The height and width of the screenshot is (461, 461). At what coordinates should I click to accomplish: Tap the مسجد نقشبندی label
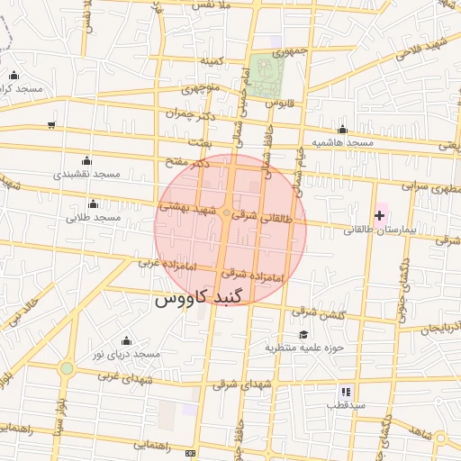(x=86, y=173)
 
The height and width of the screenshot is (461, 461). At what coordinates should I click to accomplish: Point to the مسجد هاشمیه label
(x=343, y=143)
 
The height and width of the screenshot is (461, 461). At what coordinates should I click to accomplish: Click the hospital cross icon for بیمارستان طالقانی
(x=380, y=214)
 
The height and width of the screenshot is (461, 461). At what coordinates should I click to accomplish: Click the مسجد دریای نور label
(x=125, y=354)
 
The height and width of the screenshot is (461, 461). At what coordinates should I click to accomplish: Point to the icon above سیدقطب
(x=345, y=393)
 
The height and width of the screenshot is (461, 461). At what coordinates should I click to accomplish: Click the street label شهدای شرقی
(x=242, y=384)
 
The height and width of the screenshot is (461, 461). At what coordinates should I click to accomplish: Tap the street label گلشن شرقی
(x=316, y=312)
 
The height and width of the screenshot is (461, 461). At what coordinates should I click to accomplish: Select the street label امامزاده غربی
(x=160, y=263)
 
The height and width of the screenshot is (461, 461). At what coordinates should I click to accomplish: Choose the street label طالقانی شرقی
(x=262, y=216)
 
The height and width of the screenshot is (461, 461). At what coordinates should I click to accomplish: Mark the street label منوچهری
(x=200, y=90)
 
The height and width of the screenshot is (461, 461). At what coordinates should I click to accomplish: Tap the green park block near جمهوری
(x=265, y=77)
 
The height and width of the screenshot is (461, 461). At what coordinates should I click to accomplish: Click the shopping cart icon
(x=51, y=124)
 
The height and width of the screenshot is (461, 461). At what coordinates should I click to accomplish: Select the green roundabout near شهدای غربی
(x=67, y=368)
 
